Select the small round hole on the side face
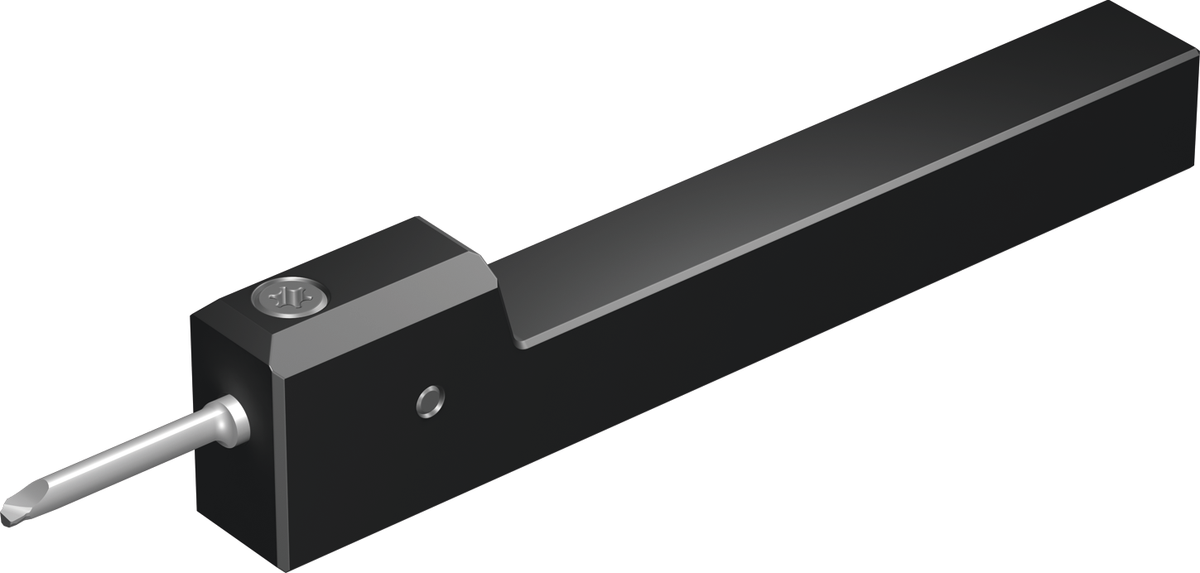[430, 402]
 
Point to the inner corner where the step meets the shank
[520, 343]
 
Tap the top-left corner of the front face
[192, 317]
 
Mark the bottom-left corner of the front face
[197, 509]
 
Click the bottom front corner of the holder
[288, 570]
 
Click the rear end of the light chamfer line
[1196, 51]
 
